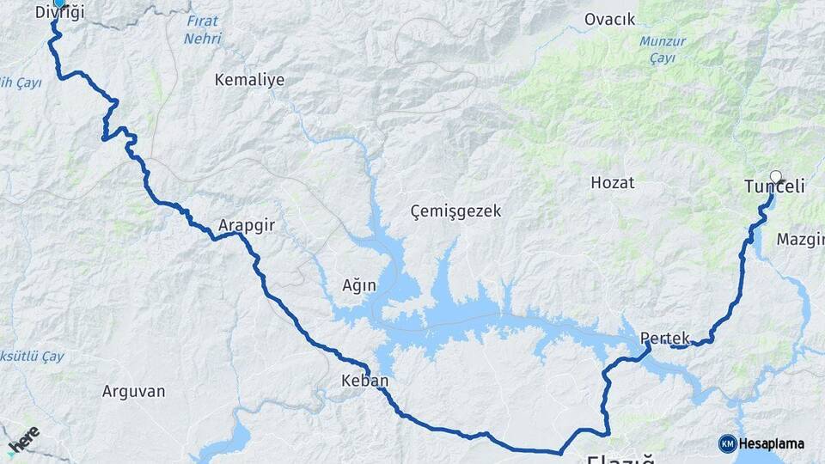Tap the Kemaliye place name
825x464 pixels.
pyautogui.click(x=249, y=79)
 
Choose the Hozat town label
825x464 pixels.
pyautogui.click(x=612, y=182)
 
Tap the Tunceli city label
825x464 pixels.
pyautogui.click(x=773, y=187)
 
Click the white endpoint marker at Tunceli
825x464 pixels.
pyautogui.click(x=776, y=177)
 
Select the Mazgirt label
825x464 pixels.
pyautogui.click(x=801, y=239)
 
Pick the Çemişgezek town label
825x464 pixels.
pyautogui.click(x=455, y=211)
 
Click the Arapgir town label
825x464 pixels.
pyautogui.click(x=246, y=224)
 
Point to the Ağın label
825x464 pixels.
pyautogui.click(x=359, y=285)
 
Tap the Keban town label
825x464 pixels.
pyautogui.click(x=364, y=381)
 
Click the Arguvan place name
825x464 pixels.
pyautogui.click(x=133, y=391)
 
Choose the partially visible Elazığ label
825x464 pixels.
pyautogui.click(x=620, y=459)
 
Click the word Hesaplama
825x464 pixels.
pyautogui.click(x=772, y=443)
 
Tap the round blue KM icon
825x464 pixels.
pyautogui.click(x=727, y=443)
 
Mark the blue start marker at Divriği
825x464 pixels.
pyautogui.click(x=58, y=3)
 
